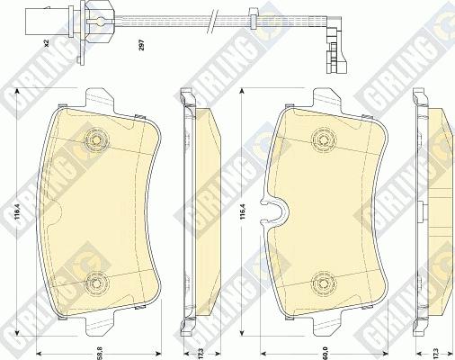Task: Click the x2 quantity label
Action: [43, 41]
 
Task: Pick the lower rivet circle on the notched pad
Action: [319, 283]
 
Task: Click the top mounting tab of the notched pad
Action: [327, 97]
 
